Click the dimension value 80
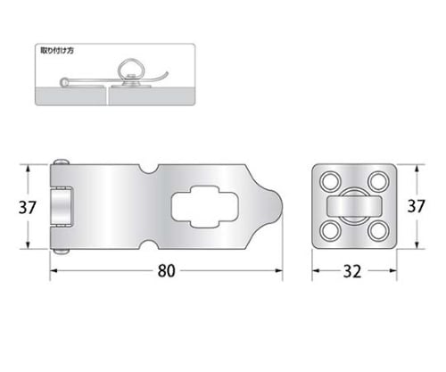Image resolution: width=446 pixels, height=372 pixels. click(x=166, y=271)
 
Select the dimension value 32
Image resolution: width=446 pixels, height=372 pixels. click(x=352, y=271)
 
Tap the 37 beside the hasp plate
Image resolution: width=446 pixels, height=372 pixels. click(x=27, y=207)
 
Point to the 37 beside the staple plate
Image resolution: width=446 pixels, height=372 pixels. click(x=416, y=206)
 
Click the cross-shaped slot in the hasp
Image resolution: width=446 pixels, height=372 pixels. click(x=205, y=207)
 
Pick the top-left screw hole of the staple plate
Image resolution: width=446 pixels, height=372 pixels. click(x=330, y=181)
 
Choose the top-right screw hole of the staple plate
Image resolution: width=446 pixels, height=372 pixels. click(x=378, y=181)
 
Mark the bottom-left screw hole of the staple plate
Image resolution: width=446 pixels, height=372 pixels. click(x=330, y=231)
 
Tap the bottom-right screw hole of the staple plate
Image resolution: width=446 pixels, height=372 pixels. click(x=378, y=231)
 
